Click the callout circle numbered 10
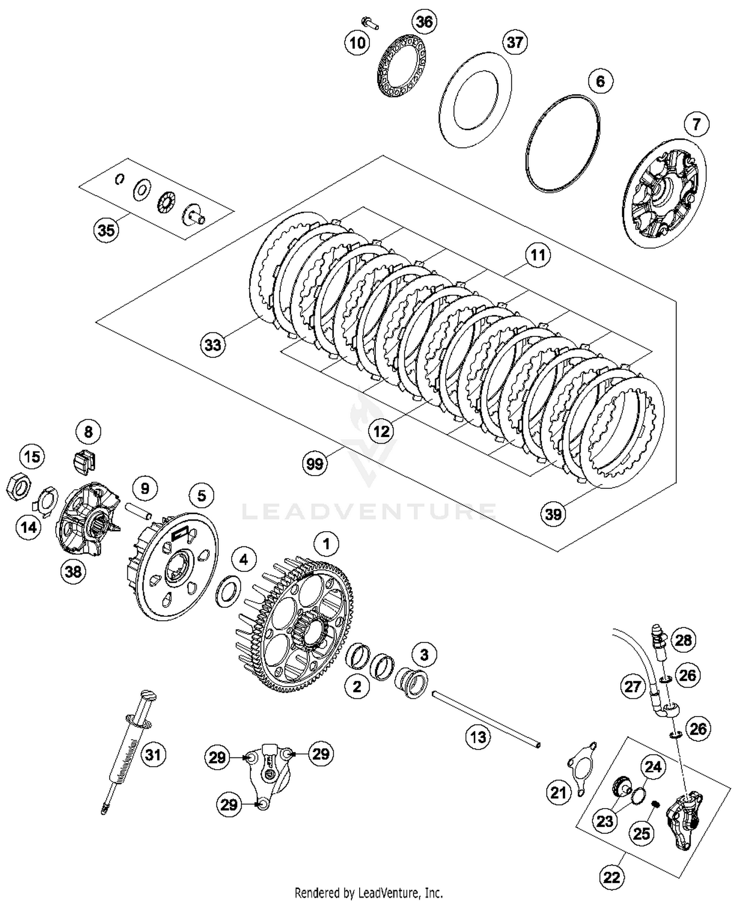click(357, 43)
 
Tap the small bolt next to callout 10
click(369, 22)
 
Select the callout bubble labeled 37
click(515, 42)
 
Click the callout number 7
click(696, 124)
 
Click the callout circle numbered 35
click(106, 230)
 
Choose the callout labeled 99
click(315, 463)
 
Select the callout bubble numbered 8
click(89, 432)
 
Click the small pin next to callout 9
click(138, 510)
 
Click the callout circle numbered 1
click(326, 544)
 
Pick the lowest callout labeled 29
click(229, 805)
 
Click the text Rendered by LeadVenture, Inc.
click(369, 892)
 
